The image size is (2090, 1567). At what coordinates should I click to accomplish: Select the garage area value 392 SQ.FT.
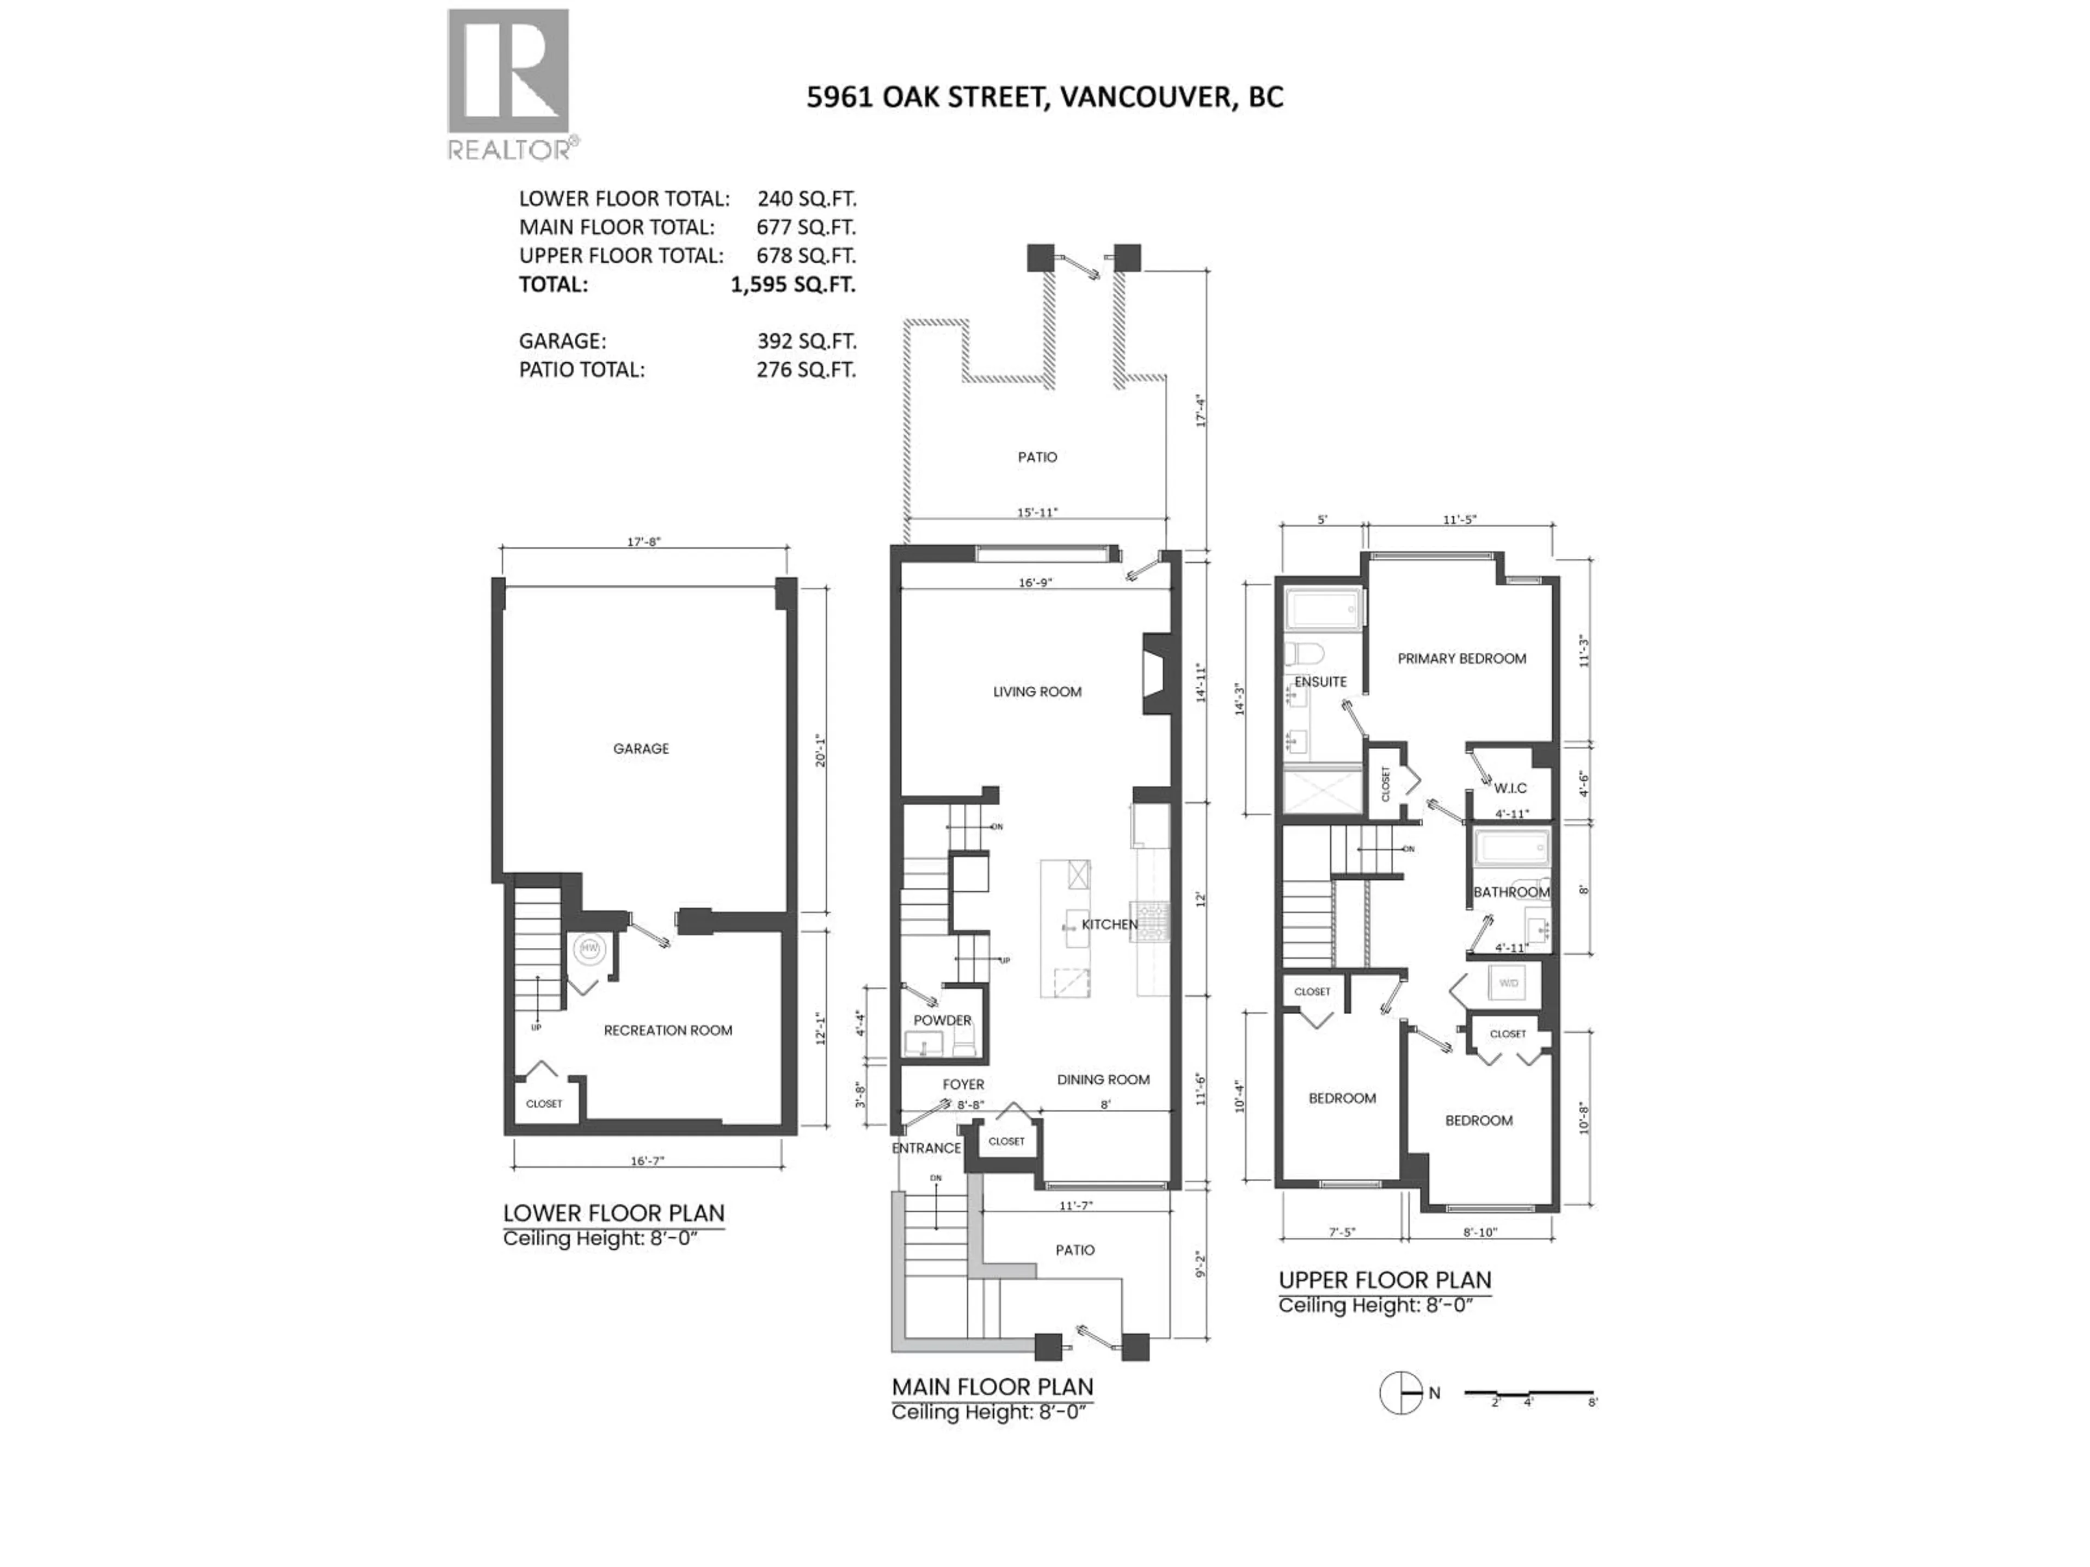click(x=805, y=341)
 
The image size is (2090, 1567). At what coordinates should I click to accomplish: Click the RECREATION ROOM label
click(x=667, y=1031)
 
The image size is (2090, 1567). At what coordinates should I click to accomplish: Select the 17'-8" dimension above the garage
click(x=643, y=542)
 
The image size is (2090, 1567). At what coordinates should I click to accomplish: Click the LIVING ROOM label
click(x=1036, y=692)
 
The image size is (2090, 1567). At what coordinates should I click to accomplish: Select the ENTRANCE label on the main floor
click(x=925, y=1148)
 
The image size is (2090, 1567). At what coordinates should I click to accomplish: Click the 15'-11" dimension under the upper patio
click(x=1036, y=512)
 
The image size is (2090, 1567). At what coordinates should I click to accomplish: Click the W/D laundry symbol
click(x=1507, y=983)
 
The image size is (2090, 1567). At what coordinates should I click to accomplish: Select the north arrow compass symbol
click(x=1400, y=1393)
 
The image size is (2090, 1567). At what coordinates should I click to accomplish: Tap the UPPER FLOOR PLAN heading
click(x=1384, y=1281)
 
